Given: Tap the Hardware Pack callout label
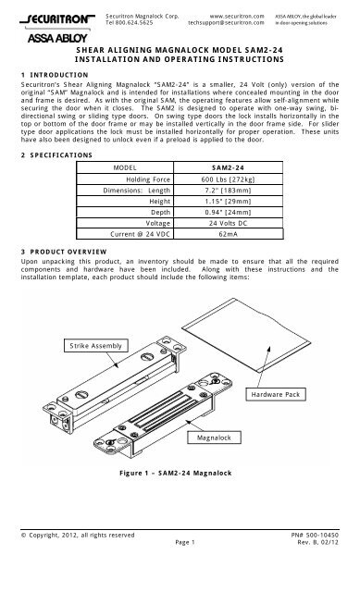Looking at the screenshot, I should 278,395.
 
